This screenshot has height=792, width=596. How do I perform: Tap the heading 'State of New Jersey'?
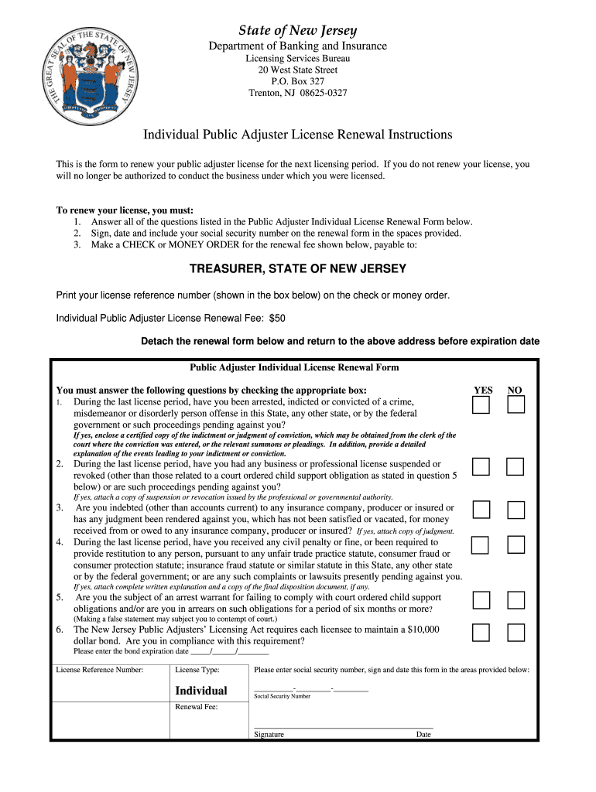pyautogui.click(x=297, y=31)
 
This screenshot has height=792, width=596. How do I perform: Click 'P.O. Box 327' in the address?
pyautogui.click(x=297, y=81)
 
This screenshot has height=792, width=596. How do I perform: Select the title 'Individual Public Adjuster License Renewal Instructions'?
pyautogui.click(x=297, y=135)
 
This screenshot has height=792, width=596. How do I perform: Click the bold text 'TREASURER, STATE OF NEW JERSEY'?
pyautogui.click(x=298, y=269)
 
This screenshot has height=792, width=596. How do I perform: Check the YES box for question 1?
pyautogui.click(x=481, y=405)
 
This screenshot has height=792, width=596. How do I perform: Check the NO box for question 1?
pyautogui.click(x=516, y=405)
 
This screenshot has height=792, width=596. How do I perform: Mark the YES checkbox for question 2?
pyautogui.click(x=481, y=466)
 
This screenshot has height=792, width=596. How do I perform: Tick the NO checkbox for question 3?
pyautogui.click(x=516, y=510)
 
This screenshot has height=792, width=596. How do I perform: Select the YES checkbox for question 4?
pyautogui.click(x=481, y=545)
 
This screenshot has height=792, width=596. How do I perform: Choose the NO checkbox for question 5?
pyautogui.click(x=516, y=600)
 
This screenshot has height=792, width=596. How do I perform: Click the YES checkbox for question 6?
pyautogui.click(x=481, y=633)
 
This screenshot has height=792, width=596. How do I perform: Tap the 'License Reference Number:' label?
pyautogui.click(x=100, y=670)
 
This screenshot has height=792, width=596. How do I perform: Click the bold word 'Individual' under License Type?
pyautogui.click(x=201, y=691)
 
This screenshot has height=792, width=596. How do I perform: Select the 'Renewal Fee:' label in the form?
pyautogui.click(x=197, y=707)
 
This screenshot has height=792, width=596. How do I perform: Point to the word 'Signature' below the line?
pyautogui.click(x=269, y=735)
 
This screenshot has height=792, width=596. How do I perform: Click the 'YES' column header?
pyautogui.click(x=483, y=391)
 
